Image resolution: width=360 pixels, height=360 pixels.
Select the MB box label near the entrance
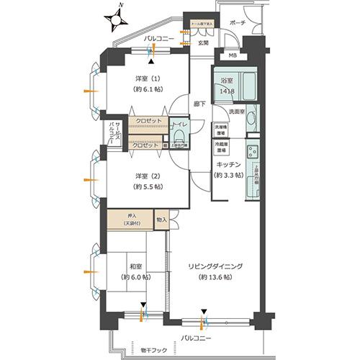pos(232,55)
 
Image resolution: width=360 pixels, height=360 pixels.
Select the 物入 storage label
pos(161,220)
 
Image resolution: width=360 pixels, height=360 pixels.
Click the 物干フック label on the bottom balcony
pos(150,349)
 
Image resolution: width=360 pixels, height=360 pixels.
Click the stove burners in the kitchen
pos(253,153)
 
